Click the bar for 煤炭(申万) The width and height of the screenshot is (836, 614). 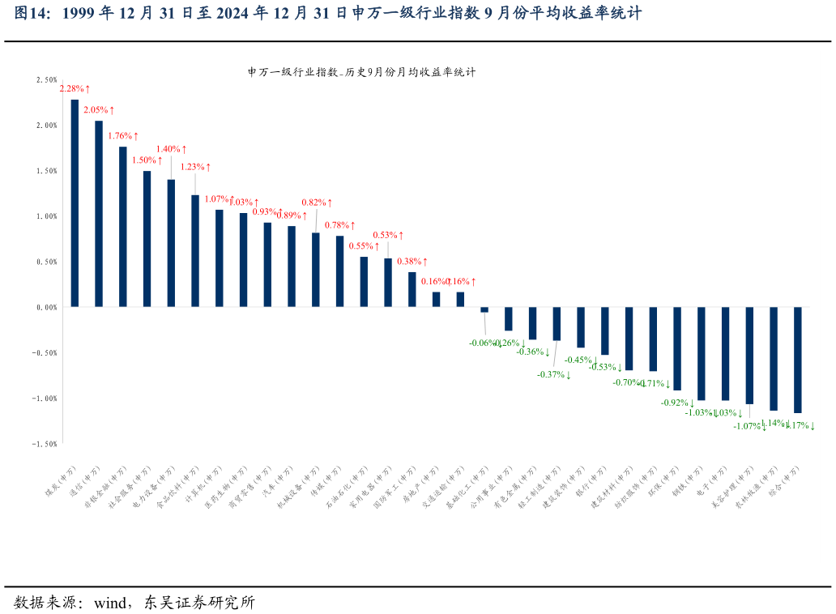point(75,203)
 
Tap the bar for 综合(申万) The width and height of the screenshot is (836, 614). point(797,360)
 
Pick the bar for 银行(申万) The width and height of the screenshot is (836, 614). point(604,330)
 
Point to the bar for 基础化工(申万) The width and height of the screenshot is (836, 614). point(484,309)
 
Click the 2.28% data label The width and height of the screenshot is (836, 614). point(75,88)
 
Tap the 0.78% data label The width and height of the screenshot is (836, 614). point(340,225)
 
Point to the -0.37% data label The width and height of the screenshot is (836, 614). point(554,374)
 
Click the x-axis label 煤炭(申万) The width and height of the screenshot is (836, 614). point(61,483)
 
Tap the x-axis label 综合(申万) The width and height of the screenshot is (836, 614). point(783,483)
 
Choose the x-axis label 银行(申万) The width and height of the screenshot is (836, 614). point(591,483)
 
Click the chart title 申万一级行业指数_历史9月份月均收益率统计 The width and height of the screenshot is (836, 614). point(361,71)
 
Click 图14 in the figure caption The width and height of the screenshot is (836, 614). point(32,14)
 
